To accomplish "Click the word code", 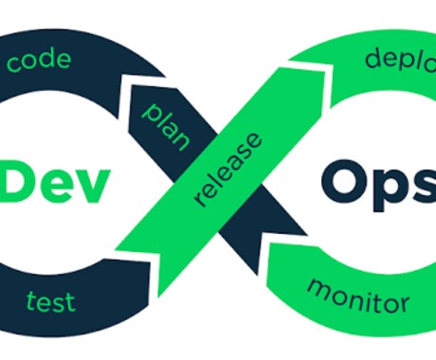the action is pyautogui.click(x=39, y=60).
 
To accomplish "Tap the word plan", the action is pyautogui.click(x=166, y=127).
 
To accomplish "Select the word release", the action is pyautogui.click(x=228, y=170).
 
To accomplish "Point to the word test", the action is pyautogui.click(x=50, y=301).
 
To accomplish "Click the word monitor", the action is pyautogui.click(x=358, y=297).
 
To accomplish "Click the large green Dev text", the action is pyautogui.click(x=55, y=183).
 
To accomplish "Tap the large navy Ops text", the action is pyautogui.click(x=378, y=186).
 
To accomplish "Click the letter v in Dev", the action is pyautogui.click(x=92, y=188).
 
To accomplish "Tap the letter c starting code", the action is pyautogui.click(x=14, y=64).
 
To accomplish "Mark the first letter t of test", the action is pyautogui.click(x=31, y=300).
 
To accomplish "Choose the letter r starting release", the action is pyautogui.click(x=200, y=200).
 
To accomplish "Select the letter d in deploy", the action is pyautogui.click(x=373, y=59).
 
